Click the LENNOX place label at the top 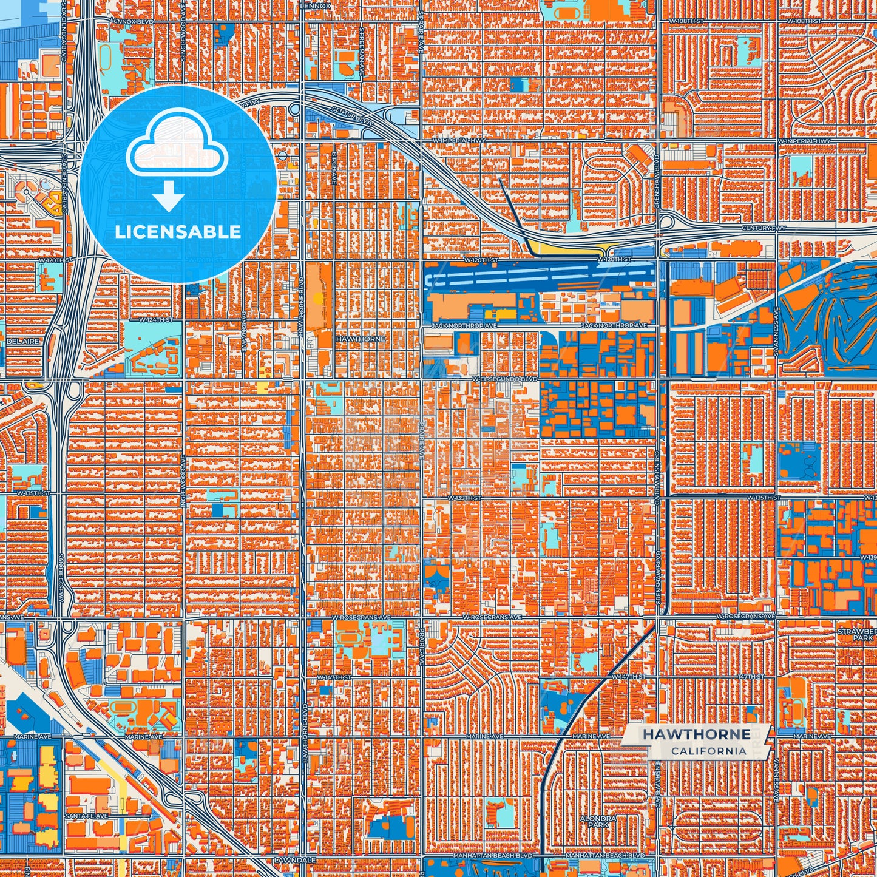316,6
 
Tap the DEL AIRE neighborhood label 23,342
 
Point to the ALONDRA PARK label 598,822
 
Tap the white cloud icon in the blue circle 177,144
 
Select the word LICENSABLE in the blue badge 178,232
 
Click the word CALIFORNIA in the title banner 708,751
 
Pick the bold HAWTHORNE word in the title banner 696,734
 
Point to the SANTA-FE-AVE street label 87,816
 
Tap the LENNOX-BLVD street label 133,21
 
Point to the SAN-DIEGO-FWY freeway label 61,577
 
